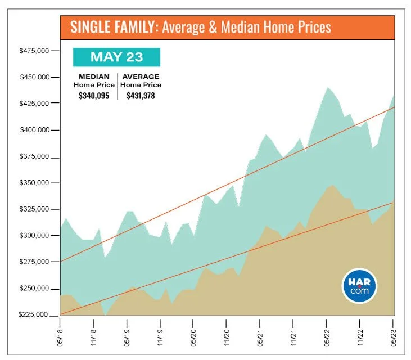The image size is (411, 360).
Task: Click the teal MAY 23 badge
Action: pos(117,57)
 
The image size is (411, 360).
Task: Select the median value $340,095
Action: pos(94,96)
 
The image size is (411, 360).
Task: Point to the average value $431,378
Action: pos(140,96)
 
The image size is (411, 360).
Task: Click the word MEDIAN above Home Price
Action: pos(93,76)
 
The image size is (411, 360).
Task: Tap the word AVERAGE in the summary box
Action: pos(140,76)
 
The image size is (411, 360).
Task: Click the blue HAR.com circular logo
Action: pos(360,286)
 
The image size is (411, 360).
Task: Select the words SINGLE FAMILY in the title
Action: pos(112,26)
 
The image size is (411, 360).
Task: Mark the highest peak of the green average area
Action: pos(327,87)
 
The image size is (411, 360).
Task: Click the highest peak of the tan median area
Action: pos(333,184)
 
